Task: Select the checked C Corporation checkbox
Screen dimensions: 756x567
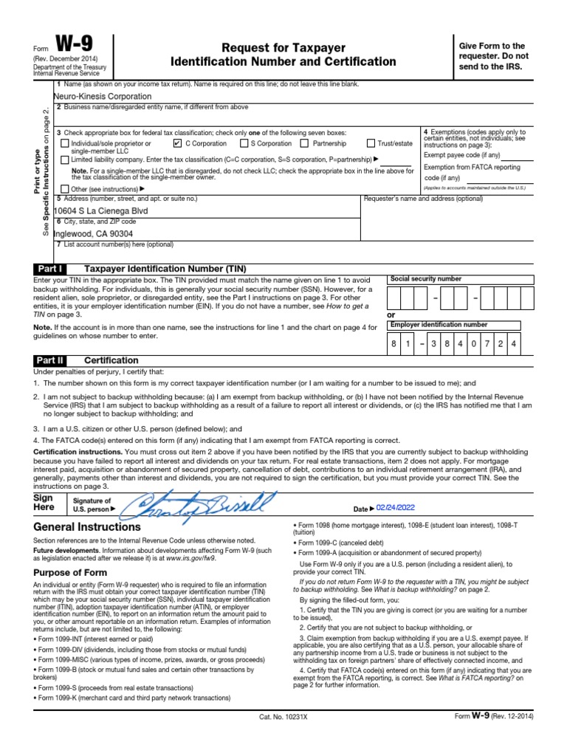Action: pos(177,144)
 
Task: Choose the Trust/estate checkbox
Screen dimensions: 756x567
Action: pos(371,144)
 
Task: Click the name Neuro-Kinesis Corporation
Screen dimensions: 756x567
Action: pos(103,97)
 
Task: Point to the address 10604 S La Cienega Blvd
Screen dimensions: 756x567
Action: pos(100,210)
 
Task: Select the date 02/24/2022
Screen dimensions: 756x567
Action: pos(396,509)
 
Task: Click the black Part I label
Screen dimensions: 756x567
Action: pos(49,269)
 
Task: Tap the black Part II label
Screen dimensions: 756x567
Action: pos(50,360)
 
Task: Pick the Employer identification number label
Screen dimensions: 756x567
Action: pos(439,325)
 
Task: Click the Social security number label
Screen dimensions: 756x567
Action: pos(425,279)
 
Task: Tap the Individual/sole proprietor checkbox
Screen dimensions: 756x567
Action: pos(65,144)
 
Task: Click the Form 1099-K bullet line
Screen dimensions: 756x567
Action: pos(134,698)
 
